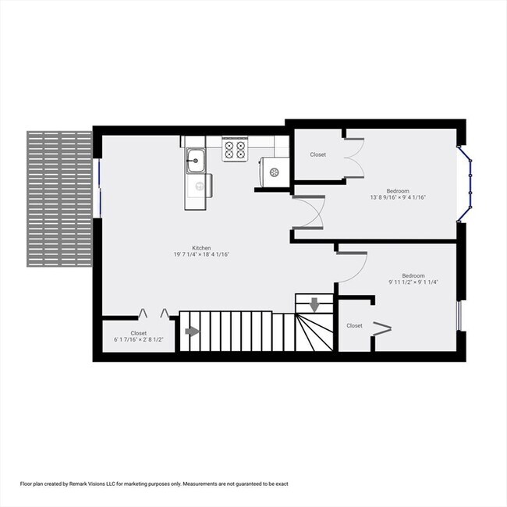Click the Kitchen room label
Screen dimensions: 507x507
point(201,248)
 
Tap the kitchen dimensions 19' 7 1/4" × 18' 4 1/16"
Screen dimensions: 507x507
point(201,254)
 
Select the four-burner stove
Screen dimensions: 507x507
point(235,150)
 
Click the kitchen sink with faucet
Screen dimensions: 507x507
point(195,161)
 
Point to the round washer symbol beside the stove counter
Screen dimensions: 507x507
point(274,172)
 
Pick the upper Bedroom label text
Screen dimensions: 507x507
point(398,191)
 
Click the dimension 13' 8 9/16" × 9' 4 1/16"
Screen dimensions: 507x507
point(398,197)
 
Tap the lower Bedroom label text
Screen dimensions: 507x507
point(413,276)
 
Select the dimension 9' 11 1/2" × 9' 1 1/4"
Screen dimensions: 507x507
point(413,282)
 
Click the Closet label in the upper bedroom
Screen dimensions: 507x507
point(317,154)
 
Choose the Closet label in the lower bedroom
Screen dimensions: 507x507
point(354,325)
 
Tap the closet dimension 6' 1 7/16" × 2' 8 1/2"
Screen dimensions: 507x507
point(138,339)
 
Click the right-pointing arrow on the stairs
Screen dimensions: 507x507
point(192,331)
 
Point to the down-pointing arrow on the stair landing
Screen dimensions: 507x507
point(314,304)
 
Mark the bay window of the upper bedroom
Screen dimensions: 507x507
point(466,184)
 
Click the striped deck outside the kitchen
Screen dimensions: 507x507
point(59,199)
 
